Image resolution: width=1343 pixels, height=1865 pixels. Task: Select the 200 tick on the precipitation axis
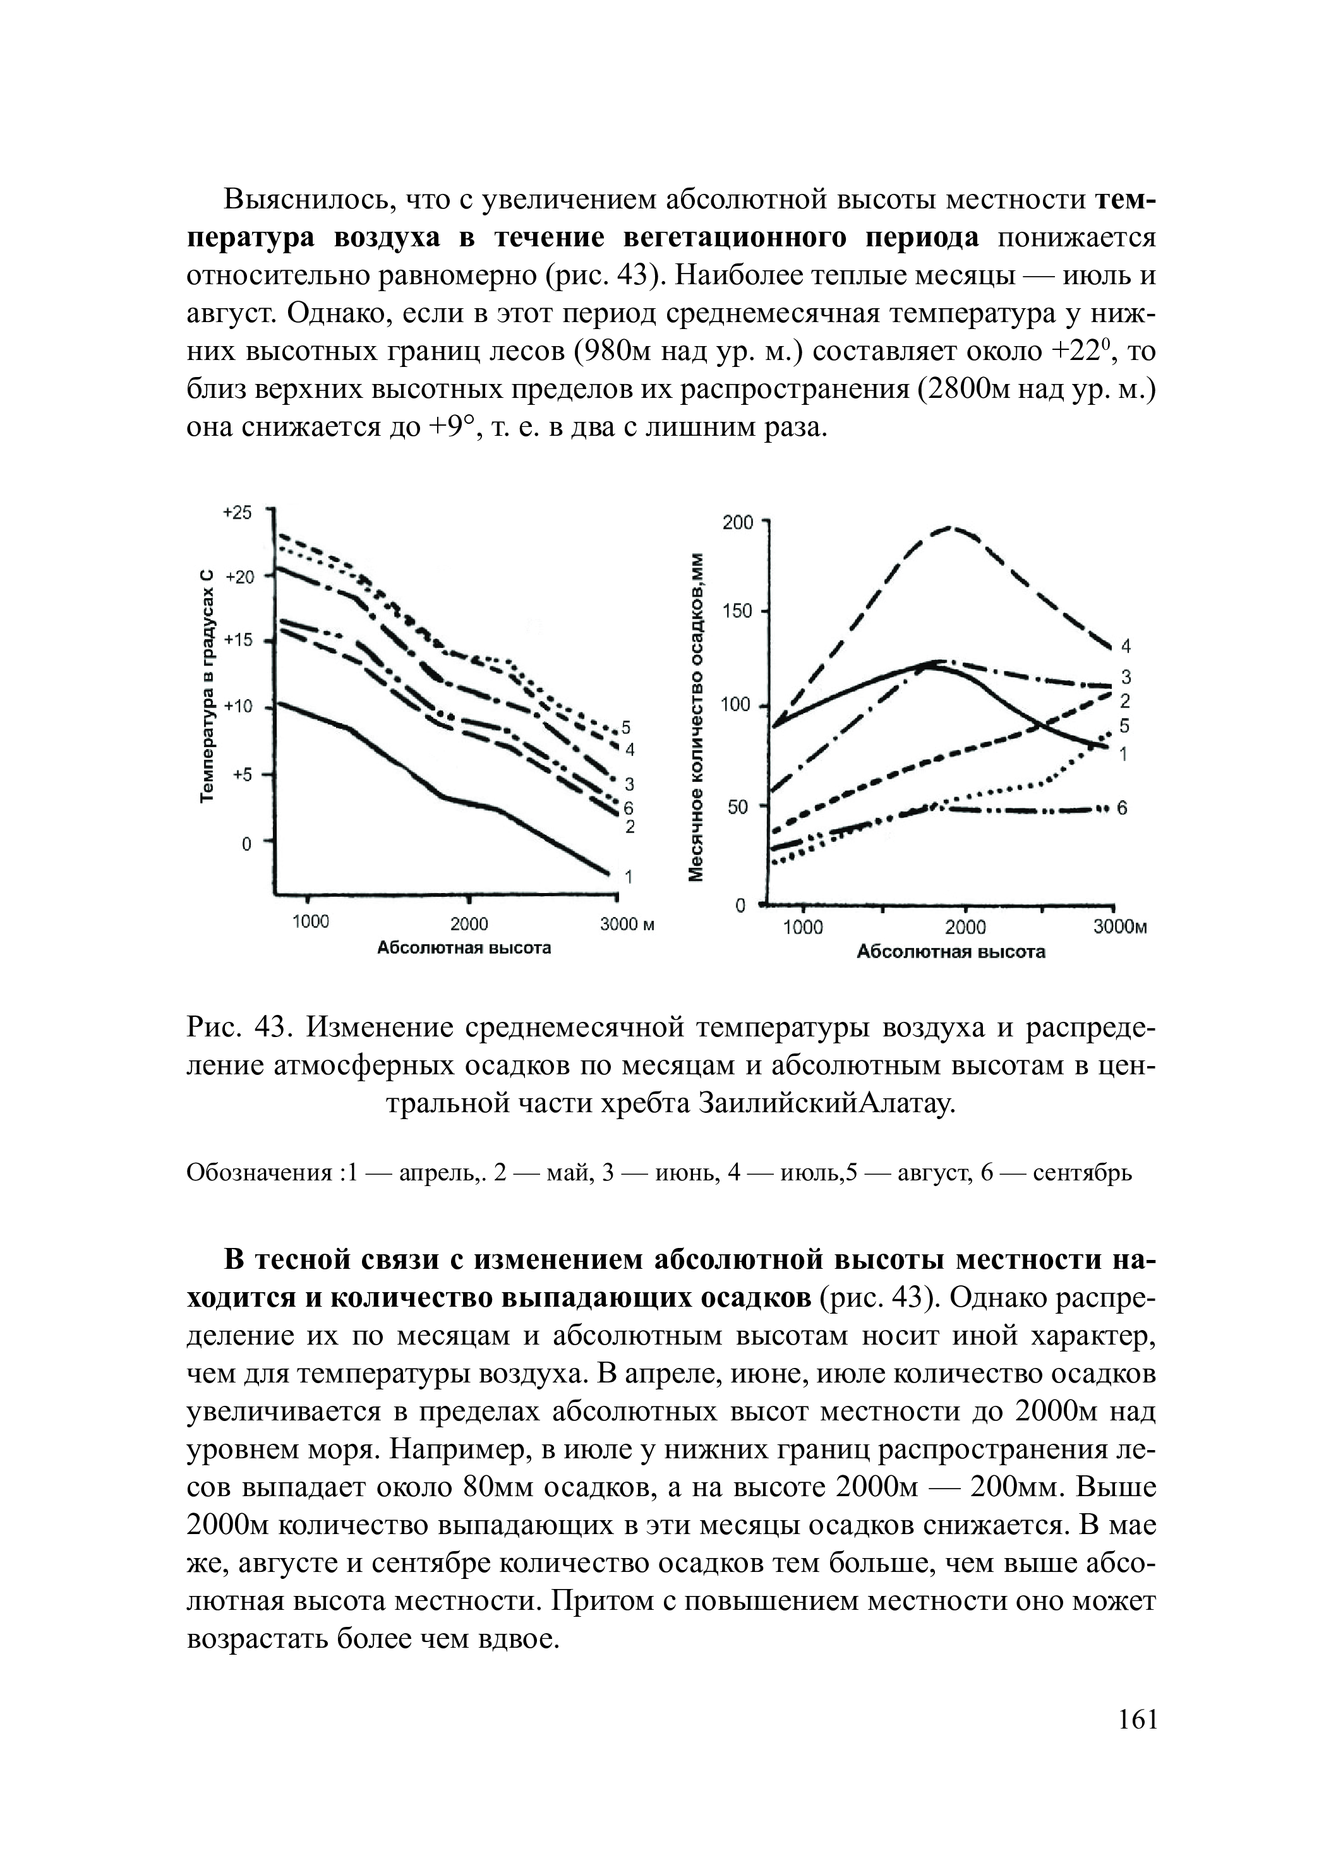(x=737, y=522)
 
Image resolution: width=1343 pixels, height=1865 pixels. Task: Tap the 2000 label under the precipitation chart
(x=965, y=928)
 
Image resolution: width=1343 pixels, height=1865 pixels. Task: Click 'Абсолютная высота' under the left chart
(x=464, y=948)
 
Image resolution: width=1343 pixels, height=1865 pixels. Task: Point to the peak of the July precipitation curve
(x=951, y=527)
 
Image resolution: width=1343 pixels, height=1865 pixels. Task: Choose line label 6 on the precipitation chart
(x=1122, y=809)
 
